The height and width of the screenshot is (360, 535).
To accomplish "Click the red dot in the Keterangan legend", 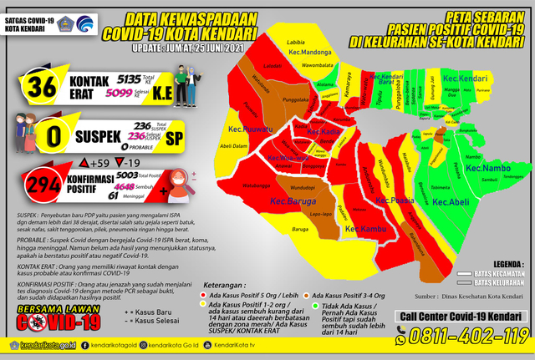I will click(204, 296).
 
